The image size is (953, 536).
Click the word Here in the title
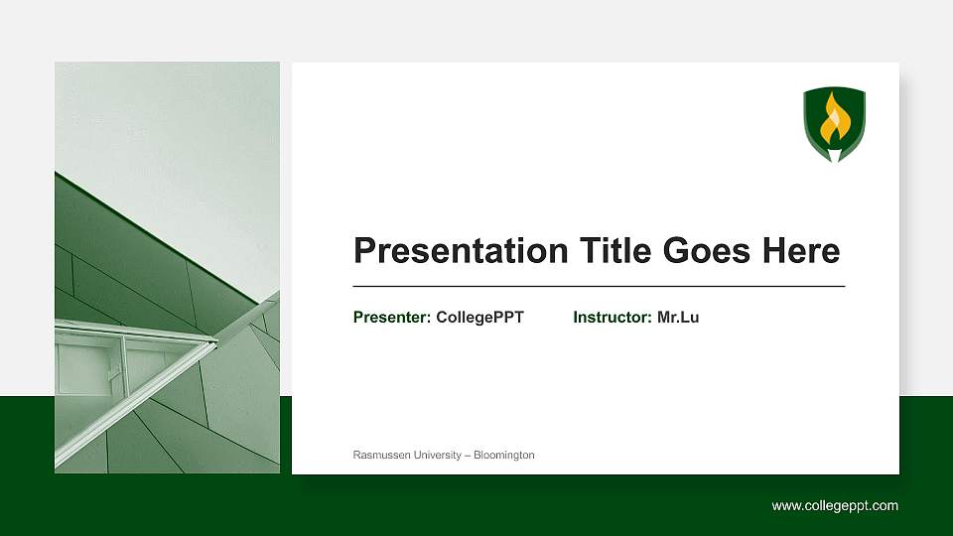801,251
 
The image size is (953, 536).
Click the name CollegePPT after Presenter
479,318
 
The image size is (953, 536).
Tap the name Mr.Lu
678,318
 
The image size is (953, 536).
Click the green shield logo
834,122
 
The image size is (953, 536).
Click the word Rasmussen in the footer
380,455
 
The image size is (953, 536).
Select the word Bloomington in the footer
504,455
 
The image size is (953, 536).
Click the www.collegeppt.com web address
835,505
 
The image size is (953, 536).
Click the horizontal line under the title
599,286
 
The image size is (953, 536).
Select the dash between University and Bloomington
467,455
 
